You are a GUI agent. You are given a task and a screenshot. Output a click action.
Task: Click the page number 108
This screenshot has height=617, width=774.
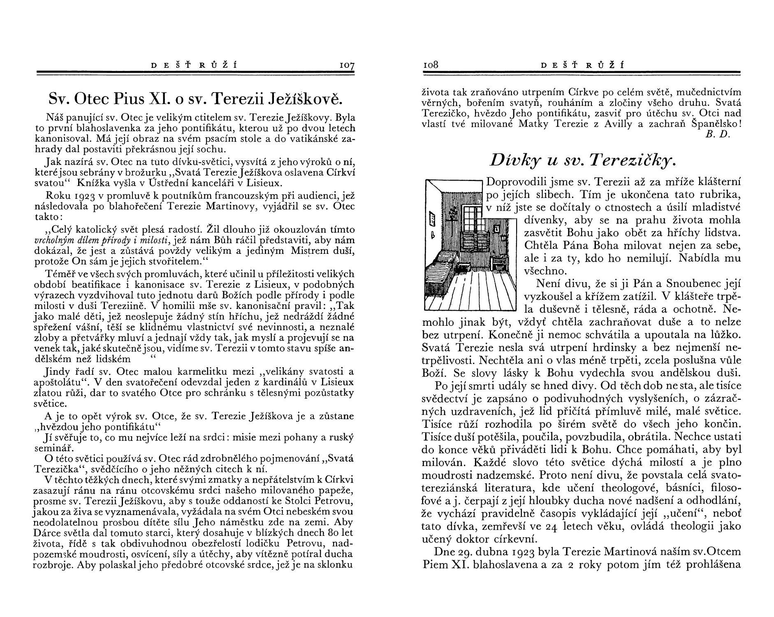click(431, 65)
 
